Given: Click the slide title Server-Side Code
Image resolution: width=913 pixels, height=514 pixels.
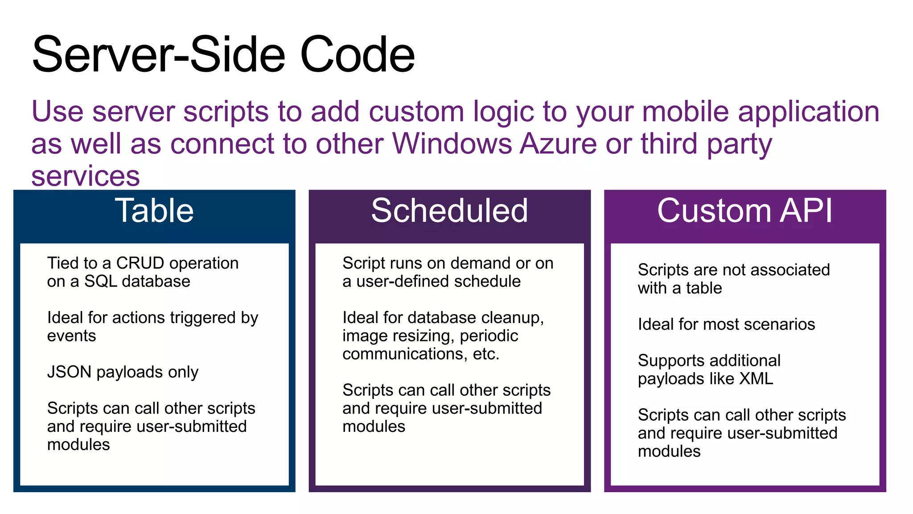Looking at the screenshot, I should pyautogui.click(x=223, y=54).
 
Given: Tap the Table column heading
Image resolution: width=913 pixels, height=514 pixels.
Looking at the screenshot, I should pyautogui.click(x=154, y=211).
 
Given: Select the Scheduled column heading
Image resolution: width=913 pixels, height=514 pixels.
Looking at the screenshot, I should pyautogui.click(x=449, y=211).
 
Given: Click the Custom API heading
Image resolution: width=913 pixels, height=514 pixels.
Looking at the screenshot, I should pyautogui.click(x=744, y=211).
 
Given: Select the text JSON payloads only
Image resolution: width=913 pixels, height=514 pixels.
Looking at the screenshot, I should pyautogui.click(x=123, y=372).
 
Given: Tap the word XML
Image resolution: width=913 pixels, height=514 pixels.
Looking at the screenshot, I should pyautogui.click(x=756, y=379).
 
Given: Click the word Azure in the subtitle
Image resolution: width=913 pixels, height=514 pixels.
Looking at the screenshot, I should pyautogui.click(x=558, y=144).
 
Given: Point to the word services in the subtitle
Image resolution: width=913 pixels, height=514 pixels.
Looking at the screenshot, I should pyautogui.click(x=86, y=176).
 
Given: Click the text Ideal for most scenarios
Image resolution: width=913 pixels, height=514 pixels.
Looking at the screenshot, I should pyautogui.click(x=726, y=324).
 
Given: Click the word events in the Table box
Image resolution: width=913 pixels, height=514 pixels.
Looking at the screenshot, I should pyautogui.click(x=71, y=336).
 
